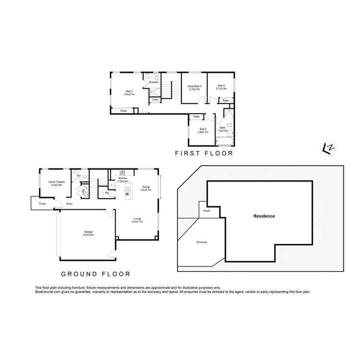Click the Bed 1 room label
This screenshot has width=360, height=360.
129,91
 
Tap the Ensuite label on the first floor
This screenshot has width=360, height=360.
154,83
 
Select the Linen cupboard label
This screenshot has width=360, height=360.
156,100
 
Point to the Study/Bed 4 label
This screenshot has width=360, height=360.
194,86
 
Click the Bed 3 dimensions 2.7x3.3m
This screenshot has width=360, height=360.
221,89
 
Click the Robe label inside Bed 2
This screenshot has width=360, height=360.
196,117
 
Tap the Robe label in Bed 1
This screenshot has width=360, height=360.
123,111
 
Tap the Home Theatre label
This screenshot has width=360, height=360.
57,182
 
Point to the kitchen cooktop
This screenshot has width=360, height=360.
122,172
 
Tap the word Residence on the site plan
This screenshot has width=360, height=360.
264,216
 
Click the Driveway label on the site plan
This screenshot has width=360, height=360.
202,242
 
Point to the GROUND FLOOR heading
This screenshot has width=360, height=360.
96,275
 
